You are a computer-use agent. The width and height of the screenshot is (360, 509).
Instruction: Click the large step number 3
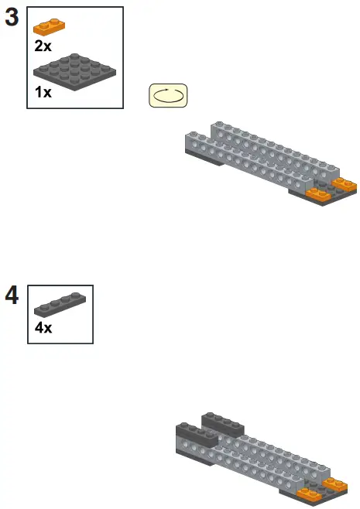coord(12,18)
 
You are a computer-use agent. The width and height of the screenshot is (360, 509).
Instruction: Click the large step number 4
coord(12,296)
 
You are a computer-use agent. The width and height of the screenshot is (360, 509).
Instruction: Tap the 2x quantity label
coord(43,46)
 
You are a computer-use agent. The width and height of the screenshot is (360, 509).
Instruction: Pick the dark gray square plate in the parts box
coord(75,73)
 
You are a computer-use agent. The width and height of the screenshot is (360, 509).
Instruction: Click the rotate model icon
coord(168,96)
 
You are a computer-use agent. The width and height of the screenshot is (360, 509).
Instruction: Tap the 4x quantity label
coord(43,328)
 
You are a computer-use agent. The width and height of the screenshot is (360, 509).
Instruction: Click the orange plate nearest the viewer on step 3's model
coord(319,193)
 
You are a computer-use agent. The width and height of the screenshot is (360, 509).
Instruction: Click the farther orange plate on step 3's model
coord(344,185)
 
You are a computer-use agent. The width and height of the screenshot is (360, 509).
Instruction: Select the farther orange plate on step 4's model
coord(335,484)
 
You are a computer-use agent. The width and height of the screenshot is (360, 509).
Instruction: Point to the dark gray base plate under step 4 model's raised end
coord(194,456)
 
